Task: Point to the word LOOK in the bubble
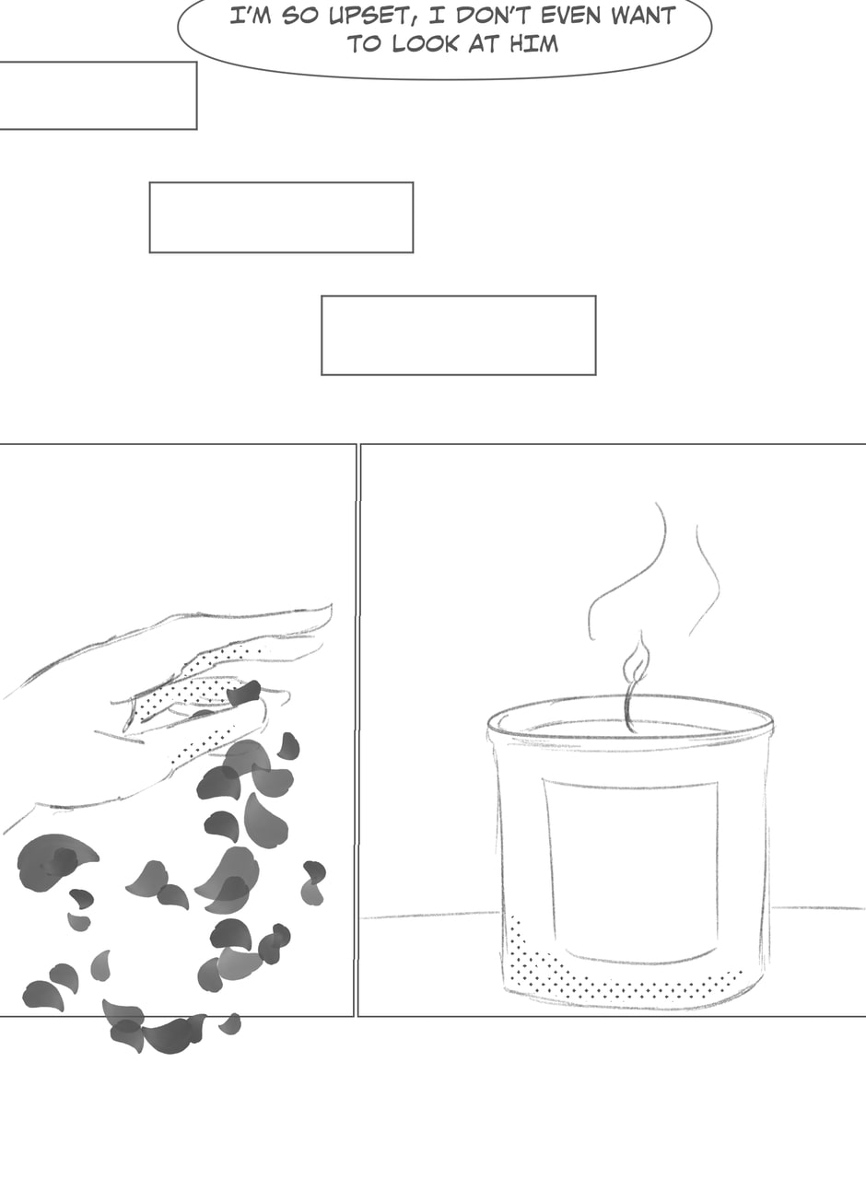point(425,43)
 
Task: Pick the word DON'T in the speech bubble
point(493,16)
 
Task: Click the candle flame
point(636,660)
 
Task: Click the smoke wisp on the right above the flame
point(707,579)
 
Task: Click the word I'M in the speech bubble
point(251,16)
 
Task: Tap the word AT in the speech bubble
point(484,43)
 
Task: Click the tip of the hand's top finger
point(331,605)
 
